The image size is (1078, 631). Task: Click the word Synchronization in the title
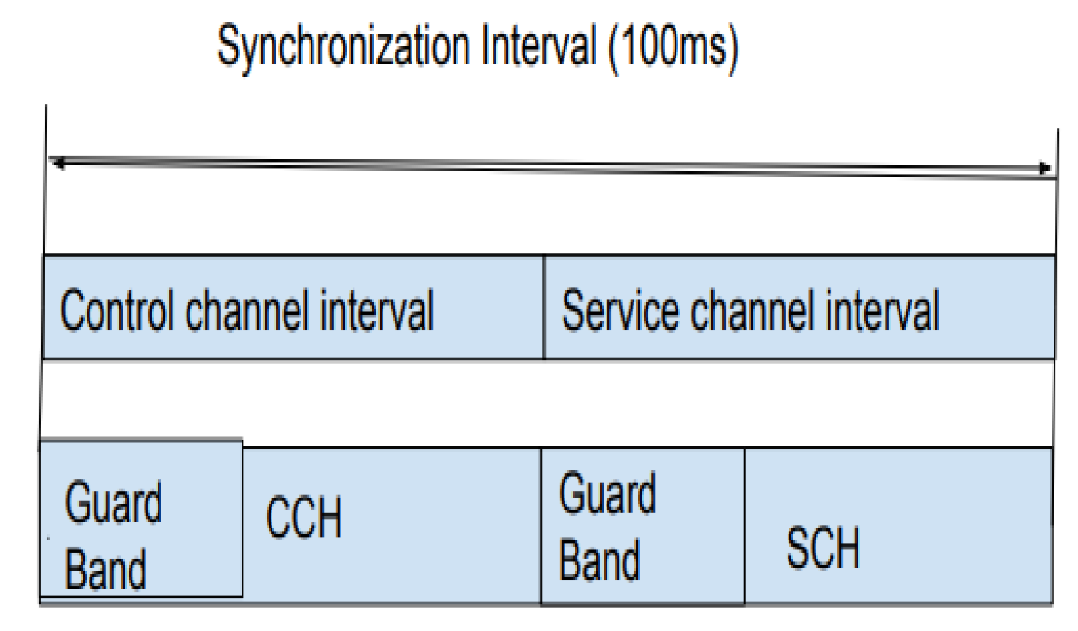(343, 47)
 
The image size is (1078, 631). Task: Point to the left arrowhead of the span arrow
(59, 162)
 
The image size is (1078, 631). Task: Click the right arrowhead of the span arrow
(1045, 168)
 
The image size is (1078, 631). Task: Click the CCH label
(304, 517)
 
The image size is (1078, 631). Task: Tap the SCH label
(823, 548)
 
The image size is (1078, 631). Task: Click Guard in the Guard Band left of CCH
(113, 503)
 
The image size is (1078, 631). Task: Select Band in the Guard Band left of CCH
(106, 568)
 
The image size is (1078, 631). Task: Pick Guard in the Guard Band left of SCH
(607, 493)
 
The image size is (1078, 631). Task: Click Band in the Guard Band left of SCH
(599, 559)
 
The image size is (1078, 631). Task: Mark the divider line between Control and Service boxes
(544, 307)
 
